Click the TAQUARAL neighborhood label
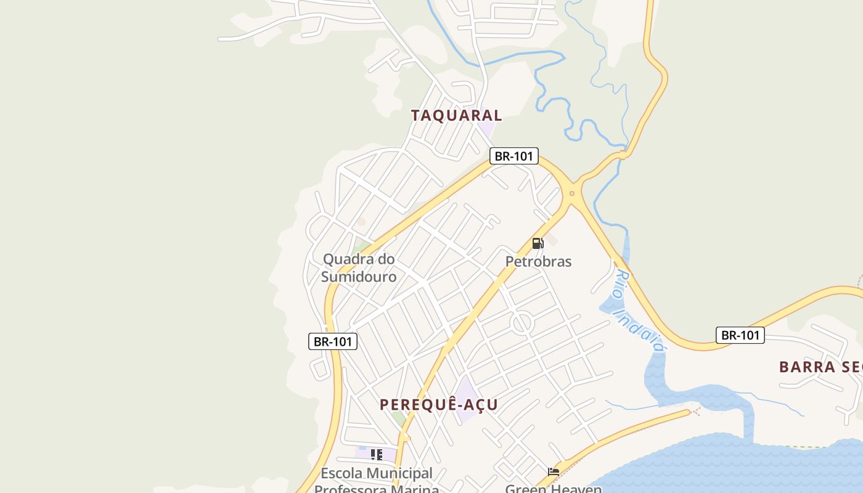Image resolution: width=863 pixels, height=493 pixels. point(456,115)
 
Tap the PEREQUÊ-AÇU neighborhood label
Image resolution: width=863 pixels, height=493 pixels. point(438,405)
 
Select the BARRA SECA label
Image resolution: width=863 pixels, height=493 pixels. point(820,367)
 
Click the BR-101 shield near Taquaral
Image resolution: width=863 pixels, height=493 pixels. point(513,156)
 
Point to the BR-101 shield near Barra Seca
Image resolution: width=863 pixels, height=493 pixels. point(740,335)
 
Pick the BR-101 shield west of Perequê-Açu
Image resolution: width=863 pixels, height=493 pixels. point(332,341)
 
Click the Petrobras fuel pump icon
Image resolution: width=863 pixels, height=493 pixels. point(538,243)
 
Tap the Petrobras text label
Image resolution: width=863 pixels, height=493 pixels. point(538,261)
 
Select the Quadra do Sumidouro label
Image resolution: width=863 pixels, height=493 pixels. point(359,267)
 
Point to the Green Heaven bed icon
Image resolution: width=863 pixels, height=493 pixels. point(554,472)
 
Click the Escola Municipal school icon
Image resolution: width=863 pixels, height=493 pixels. point(376,455)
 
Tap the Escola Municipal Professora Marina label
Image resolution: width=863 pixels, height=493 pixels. point(377,481)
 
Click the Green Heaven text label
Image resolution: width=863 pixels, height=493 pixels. point(553,489)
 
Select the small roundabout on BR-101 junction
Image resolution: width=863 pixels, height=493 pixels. point(572,194)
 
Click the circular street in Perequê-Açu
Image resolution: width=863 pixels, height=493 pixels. point(522,323)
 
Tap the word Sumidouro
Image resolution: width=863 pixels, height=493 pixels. point(359,277)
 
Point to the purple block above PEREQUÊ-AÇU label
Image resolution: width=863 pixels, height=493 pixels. point(467,394)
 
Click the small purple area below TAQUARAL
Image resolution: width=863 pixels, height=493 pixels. point(486,129)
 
